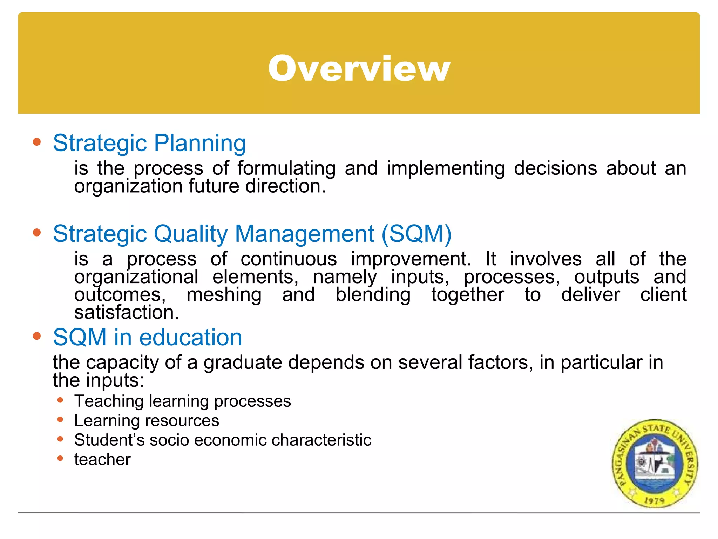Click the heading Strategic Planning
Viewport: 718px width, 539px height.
coord(149,143)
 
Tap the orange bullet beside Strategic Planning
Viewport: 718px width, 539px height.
coord(37,142)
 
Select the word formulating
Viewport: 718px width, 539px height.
coord(286,168)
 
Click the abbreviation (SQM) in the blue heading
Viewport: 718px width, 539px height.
coord(416,234)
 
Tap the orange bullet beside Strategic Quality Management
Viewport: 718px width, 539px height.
coord(37,233)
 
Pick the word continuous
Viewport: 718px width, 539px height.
coord(289,259)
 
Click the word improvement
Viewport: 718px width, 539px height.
coord(411,259)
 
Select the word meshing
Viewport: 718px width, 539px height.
coord(224,294)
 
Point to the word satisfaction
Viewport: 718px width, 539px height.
coord(127,312)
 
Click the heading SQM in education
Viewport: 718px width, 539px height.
coord(147,337)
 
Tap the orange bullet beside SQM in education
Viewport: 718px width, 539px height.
coord(37,336)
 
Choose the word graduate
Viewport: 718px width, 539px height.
coord(243,362)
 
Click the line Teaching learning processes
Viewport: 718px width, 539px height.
coord(182,401)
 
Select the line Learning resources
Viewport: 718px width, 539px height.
coord(147,420)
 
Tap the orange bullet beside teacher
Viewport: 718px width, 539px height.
coord(60,458)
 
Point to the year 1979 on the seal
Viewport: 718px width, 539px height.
coord(654,500)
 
